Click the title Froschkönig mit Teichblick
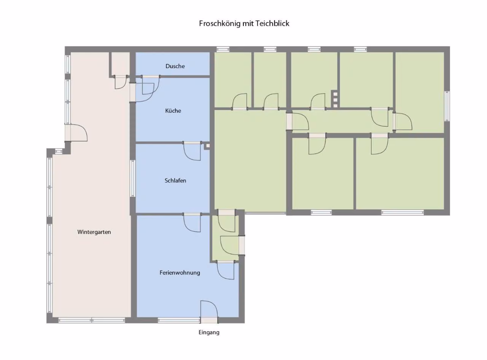pos(244,24)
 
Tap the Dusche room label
pos(175,66)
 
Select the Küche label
pos(173,110)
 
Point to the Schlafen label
pos(175,180)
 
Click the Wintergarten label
pos(94,232)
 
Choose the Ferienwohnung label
pos(180,272)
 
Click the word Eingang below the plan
pos(209,332)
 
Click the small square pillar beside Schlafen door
pos(207,146)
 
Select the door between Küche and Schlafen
pos(192,151)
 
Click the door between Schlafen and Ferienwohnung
pos(192,222)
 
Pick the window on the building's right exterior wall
pos(447,106)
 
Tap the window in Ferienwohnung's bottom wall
pos(179,320)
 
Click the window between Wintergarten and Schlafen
pos(133,178)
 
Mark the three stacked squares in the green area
pos(335,100)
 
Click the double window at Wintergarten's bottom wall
pos(92,320)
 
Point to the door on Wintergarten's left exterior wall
pos(76,132)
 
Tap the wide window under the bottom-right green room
pos(402,212)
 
